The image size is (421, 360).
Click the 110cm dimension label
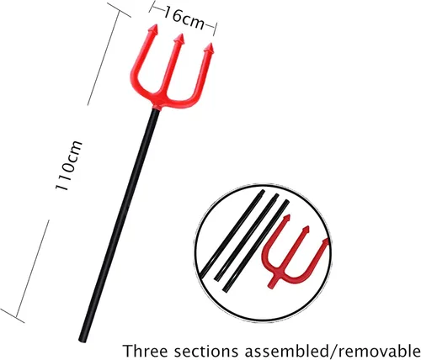(69, 166)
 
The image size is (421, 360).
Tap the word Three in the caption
(145, 351)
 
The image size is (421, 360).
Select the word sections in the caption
(209, 351)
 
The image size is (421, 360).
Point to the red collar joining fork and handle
(157, 108)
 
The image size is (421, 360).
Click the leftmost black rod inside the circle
(232, 233)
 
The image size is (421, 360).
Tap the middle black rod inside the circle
(247, 237)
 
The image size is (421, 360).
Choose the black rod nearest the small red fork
(256, 246)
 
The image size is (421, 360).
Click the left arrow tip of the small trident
(286, 218)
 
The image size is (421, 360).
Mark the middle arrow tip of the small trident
(306, 230)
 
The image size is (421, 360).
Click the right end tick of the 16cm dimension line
(216, 29)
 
